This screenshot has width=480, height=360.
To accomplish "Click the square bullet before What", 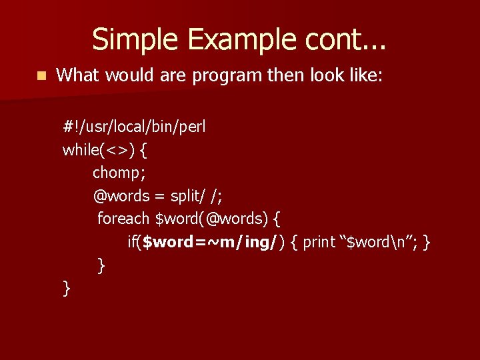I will click(41, 76).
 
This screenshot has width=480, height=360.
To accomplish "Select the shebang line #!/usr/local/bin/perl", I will click(134, 127).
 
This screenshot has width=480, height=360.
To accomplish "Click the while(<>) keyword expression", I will click(99, 150).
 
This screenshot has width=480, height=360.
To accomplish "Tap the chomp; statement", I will click(118, 173).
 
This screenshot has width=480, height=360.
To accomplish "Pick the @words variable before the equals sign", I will click(121, 196).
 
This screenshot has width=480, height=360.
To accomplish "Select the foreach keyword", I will click(123, 219).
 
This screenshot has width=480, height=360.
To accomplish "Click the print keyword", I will click(319, 242).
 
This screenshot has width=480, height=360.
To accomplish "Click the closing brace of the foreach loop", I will click(101, 265).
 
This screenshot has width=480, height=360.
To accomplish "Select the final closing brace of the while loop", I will click(66, 288).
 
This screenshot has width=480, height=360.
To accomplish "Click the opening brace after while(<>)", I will click(144, 150).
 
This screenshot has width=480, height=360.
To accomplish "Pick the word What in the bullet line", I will click(77, 75).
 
